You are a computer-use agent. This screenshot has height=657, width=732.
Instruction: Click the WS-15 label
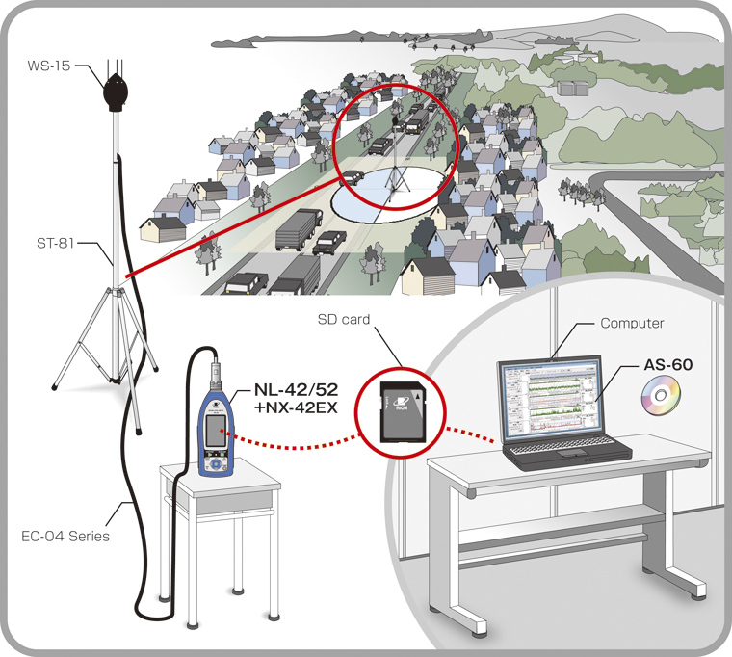point(49,66)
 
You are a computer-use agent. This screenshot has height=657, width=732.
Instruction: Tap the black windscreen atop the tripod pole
point(115,92)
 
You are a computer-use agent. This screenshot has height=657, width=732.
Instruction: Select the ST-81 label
point(56,243)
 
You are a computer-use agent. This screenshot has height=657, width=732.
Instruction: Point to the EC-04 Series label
point(65,536)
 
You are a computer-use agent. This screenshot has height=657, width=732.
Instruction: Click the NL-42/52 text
point(296,389)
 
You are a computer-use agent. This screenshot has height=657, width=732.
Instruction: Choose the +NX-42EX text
point(296,407)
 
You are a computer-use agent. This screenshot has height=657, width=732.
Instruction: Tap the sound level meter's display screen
point(215,431)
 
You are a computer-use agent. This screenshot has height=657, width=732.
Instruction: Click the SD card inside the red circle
point(404,412)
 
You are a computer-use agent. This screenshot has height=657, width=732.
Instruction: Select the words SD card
point(344,320)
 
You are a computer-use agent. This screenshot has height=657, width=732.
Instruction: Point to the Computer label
point(632,323)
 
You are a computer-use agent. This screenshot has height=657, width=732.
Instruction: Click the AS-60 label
point(668,365)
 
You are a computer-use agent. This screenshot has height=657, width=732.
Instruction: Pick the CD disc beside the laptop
point(660,396)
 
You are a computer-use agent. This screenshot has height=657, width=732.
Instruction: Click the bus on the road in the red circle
point(416,121)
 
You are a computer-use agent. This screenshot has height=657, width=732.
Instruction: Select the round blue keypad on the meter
point(215,464)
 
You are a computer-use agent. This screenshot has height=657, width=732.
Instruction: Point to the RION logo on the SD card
point(401,403)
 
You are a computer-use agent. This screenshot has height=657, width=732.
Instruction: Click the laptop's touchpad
point(573,453)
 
